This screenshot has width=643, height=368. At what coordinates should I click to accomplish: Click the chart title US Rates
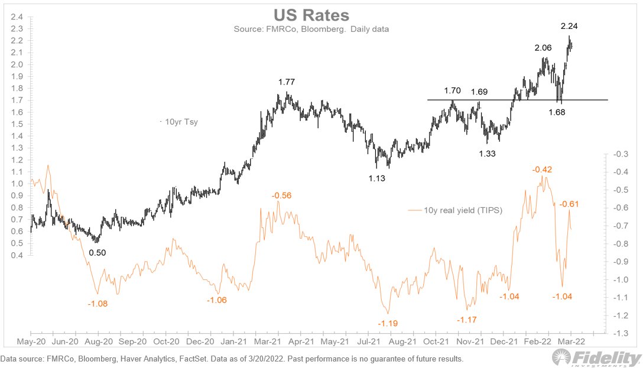[321, 15]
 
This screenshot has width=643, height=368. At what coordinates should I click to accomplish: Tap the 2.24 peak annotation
[569, 25]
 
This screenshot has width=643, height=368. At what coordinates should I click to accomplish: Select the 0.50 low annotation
[98, 252]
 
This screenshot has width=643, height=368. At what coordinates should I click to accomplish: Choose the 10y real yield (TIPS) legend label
[456, 210]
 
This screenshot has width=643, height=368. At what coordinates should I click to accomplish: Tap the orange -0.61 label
[569, 204]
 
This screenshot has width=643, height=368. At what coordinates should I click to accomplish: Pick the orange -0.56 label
[281, 196]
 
